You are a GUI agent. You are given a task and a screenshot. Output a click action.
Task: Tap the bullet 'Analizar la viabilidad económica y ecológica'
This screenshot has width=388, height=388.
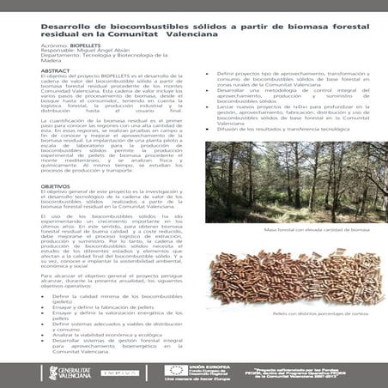(x=100, y=334)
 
